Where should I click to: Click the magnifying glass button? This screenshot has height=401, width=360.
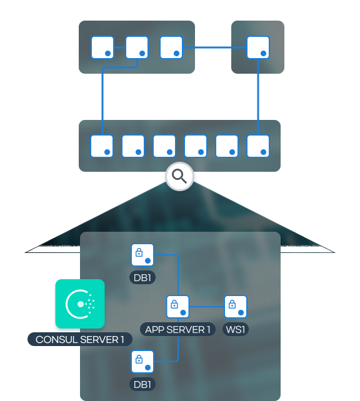point(179,176)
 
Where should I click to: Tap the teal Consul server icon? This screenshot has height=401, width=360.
point(80,304)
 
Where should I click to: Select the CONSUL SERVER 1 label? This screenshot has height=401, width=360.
point(80,339)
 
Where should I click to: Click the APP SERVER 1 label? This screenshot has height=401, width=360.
point(177,329)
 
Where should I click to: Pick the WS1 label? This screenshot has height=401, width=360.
point(236,329)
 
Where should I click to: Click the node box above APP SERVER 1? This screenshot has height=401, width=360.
point(177,307)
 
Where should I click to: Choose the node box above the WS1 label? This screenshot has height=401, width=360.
point(236,307)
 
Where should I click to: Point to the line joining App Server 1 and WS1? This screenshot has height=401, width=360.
point(207,307)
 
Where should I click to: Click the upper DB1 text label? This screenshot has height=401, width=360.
point(142,277)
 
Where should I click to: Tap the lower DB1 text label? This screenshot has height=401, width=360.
point(142,384)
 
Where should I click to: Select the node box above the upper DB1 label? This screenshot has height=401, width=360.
point(142,255)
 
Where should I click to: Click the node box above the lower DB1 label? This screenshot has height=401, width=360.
point(142,362)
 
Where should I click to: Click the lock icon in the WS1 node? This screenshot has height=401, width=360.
point(232,304)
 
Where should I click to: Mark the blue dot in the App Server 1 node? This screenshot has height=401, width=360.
point(183,312)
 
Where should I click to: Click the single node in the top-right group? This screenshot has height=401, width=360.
point(258,47)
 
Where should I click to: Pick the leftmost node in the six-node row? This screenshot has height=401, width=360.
point(102,146)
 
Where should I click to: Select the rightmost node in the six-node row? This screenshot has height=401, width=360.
point(258,146)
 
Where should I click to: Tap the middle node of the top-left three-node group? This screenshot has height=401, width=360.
point(137,47)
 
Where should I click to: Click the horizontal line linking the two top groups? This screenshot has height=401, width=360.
point(214,47)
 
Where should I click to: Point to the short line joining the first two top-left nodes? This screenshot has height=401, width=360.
point(119,47)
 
